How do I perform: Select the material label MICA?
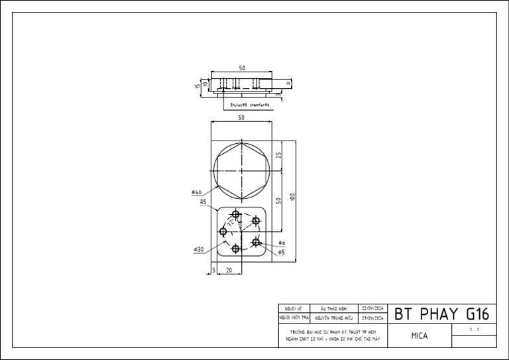click(419, 335)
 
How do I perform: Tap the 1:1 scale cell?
click(473, 330)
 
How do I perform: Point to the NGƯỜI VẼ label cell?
click(293, 309)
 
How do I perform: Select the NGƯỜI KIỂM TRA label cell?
click(293, 318)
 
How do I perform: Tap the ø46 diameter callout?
click(196, 192)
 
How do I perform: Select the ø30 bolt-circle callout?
click(199, 249)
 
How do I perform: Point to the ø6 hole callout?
click(282, 243)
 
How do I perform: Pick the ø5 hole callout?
click(282, 253)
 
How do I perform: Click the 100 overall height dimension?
click(292, 198)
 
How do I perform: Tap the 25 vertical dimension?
click(279, 155)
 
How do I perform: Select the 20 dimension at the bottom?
click(229, 270)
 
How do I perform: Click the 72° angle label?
click(230, 224)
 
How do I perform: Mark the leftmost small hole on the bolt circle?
click(223, 231)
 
